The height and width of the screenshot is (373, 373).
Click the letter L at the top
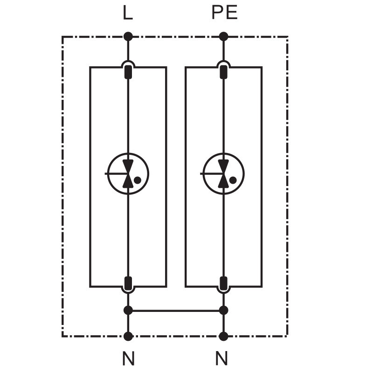[127, 13]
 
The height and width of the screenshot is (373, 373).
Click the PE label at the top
[224, 13]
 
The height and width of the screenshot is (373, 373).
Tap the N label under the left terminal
[128, 359]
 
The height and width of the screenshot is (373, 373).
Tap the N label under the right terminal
[222, 359]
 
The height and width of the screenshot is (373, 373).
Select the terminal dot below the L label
[128, 36]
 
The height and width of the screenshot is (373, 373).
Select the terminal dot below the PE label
[223, 36]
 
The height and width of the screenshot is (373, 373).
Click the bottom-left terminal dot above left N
[128, 336]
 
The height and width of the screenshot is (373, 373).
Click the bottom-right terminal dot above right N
[223, 336]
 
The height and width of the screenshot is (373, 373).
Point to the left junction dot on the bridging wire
[128, 310]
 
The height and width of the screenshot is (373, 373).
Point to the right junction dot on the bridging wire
[223, 310]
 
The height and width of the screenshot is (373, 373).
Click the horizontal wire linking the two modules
[175, 310]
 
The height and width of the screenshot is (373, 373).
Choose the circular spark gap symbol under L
[128, 173]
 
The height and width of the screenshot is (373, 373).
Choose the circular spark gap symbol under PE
[223, 173]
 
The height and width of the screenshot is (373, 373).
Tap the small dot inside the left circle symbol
[137, 180]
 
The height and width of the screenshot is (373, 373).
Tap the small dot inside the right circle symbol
[233, 180]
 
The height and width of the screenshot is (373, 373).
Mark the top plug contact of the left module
[128, 72]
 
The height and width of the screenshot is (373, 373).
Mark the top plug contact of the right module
[223, 72]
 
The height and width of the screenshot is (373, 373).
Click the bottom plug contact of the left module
[128, 282]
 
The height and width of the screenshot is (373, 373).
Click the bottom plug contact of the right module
[223, 282]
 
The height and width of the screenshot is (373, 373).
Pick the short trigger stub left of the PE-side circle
[205, 173]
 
